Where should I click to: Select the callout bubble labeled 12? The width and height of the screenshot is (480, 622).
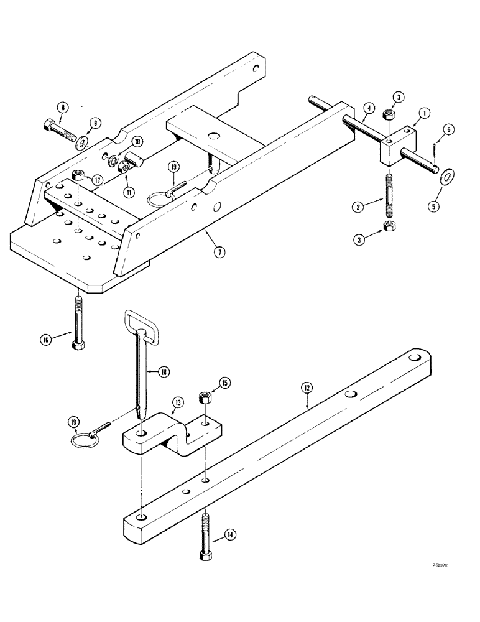(x=307, y=388)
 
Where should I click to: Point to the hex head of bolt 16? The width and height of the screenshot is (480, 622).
(x=78, y=343)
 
